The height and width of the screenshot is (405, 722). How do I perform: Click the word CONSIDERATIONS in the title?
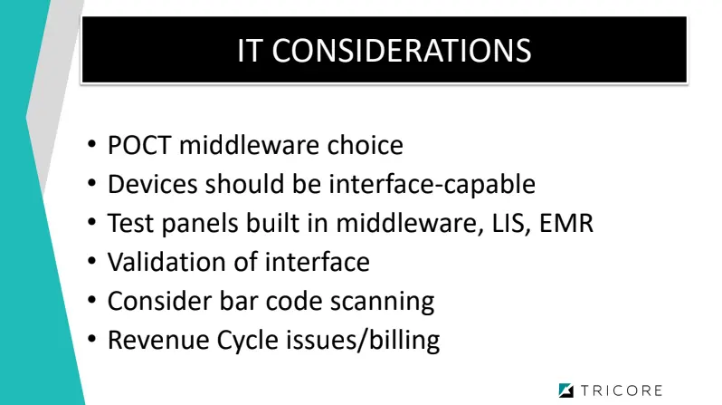401,51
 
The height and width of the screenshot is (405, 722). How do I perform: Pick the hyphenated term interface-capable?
430,184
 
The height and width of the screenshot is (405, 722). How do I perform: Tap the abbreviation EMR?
568,223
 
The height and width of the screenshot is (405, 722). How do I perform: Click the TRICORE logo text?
622,391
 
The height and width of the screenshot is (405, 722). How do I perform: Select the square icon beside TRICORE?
566,391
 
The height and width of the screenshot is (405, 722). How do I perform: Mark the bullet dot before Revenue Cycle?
94,340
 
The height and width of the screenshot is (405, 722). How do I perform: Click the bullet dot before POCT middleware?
94,145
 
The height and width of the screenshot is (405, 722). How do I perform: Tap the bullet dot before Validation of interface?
94,262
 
